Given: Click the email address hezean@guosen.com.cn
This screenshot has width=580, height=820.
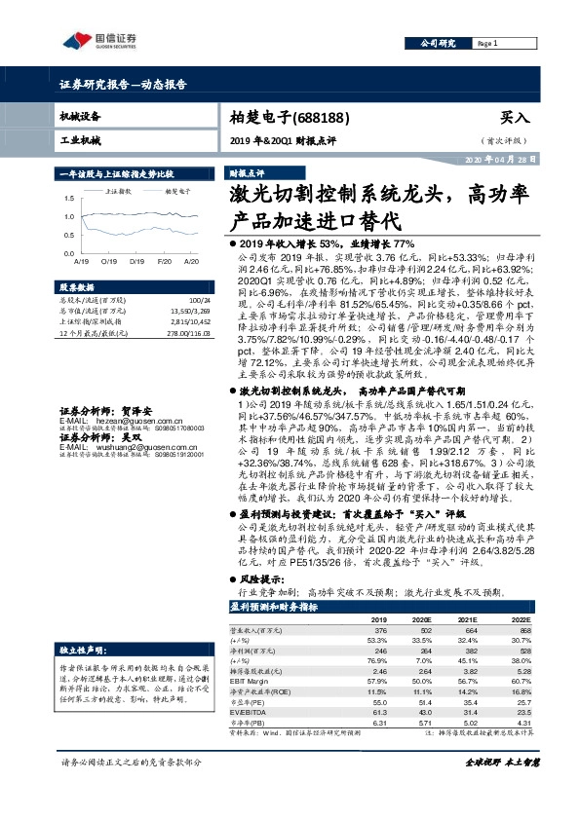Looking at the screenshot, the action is (x=119, y=393).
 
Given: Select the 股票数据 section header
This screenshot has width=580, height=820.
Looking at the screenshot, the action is (x=78, y=288).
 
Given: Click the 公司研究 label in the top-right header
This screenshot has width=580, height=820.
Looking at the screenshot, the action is (x=438, y=44).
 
